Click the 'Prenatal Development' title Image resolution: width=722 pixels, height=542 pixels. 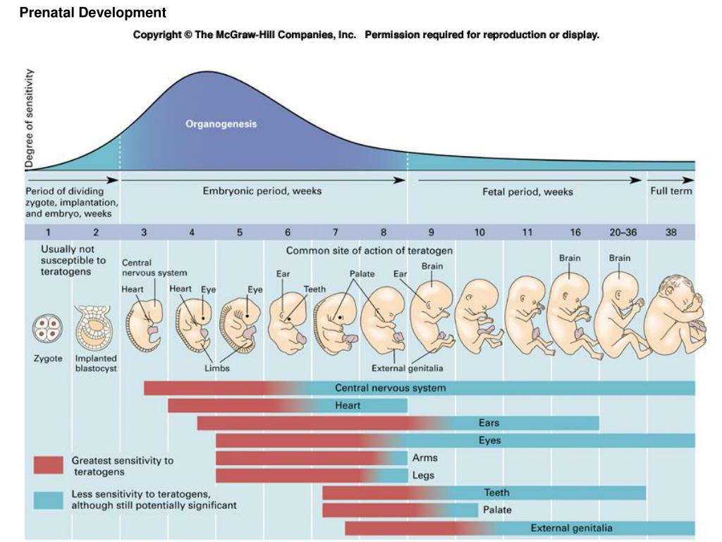[x=93, y=13]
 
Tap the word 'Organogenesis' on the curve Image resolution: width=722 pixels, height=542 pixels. [x=221, y=124]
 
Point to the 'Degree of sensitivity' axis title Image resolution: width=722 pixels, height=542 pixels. [x=30, y=118]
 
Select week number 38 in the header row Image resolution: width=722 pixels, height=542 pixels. [x=671, y=232]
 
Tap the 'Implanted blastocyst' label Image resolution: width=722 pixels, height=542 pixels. [x=96, y=363]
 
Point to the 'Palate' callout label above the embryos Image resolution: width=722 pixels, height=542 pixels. [x=362, y=274]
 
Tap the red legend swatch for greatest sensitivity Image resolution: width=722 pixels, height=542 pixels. [x=49, y=465]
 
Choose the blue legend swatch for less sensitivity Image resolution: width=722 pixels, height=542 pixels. [x=49, y=499]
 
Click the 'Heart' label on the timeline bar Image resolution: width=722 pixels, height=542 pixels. [x=348, y=406]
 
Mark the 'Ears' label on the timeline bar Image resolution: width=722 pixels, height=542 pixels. [x=489, y=423]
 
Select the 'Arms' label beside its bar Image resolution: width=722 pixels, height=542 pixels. [x=425, y=458]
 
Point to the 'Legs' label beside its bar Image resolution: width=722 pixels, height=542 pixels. [x=423, y=476]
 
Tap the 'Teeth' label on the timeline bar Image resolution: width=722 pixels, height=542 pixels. [x=496, y=493]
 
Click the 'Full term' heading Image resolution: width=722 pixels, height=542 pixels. [x=671, y=191]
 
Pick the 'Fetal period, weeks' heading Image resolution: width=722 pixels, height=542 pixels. [x=527, y=192]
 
